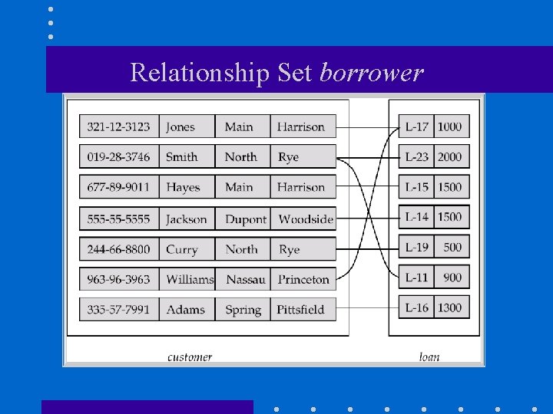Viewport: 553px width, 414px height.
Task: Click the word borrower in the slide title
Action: pyautogui.click(x=371, y=72)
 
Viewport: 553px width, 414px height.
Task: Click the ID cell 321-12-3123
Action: pyautogui.click(x=118, y=127)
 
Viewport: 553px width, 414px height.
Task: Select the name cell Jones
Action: pyautogui.click(x=180, y=127)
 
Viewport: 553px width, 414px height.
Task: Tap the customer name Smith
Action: pyautogui.click(x=182, y=157)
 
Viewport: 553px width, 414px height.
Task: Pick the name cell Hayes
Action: pyautogui.click(x=183, y=187)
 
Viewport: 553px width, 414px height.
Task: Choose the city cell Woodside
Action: pyautogui.click(x=306, y=219)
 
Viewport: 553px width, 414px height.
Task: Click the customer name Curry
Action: pyautogui.click(x=182, y=249)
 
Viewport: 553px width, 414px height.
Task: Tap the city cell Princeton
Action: pyautogui.click(x=303, y=279)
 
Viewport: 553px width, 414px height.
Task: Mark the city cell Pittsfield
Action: pyautogui.click(x=301, y=310)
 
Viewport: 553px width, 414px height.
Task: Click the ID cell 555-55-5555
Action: pyautogui.click(x=118, y=219)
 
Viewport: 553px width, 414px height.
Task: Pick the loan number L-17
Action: pyautogui.click(x=417, y=127)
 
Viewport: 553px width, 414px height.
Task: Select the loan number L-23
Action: pyautogui.click(x=417, y=157)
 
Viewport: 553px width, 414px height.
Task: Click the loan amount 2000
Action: pyautogui.click(x=450, y=157)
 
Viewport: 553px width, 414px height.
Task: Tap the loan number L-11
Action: pyautogui.click(x=417, y=278)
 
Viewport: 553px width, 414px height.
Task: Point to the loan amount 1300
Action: pyautogui.click(x=450, y=307)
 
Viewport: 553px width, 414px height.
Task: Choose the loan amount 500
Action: pyautogui.click(x=452, y=247)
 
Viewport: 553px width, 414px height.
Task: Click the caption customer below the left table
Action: pyautogui.click(x=190, y=356)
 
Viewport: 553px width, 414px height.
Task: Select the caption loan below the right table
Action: pyautogui.click(x=429, y=356)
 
